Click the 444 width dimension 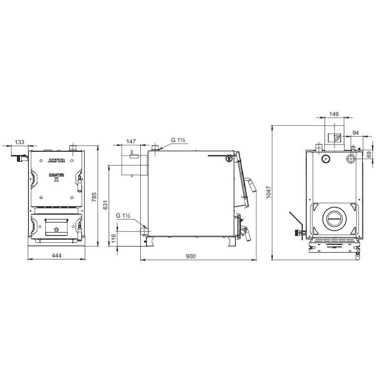tap(57, 255)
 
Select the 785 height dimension tap(94, 198)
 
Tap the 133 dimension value tap(19, 142)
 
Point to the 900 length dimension tap(191, 256)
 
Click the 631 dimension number tap(105, 205)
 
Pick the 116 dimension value tap(113, 239)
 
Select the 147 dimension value tap(131, 141)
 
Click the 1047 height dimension tap(268, 192)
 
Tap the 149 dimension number tap(334, 114)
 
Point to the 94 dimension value tap(356, 133)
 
